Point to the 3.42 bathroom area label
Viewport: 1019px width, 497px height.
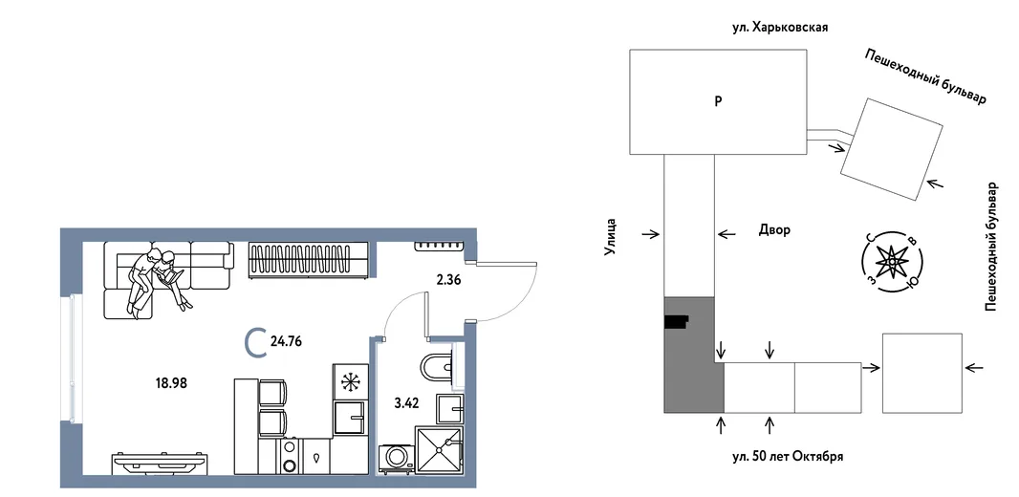406,402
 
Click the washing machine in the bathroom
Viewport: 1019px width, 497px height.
397,456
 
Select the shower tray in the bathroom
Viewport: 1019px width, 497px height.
439,449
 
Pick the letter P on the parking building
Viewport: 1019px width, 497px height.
718,101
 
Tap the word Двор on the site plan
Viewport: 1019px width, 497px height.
774,230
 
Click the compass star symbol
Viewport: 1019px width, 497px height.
892,261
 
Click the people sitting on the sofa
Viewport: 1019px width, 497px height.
156,279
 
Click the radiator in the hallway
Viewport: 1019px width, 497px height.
440,245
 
